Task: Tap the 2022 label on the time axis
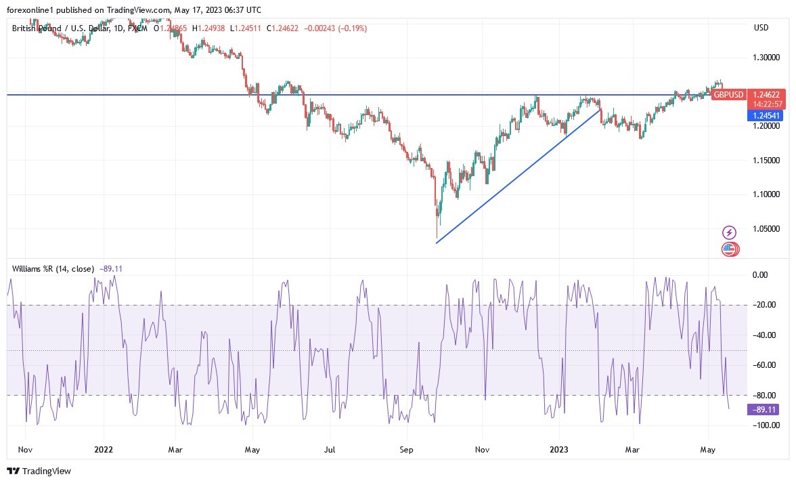[x=103, y=449]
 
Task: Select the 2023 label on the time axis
[x=559, y=449]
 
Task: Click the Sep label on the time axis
[x=406, y=449]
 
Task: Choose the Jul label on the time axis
[x=330, y=449]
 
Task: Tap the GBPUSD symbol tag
[x=728, y=95]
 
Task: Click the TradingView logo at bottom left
[x=39, y=471]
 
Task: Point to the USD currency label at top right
[x=761, y=27]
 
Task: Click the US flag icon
[x=729, y=249]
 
